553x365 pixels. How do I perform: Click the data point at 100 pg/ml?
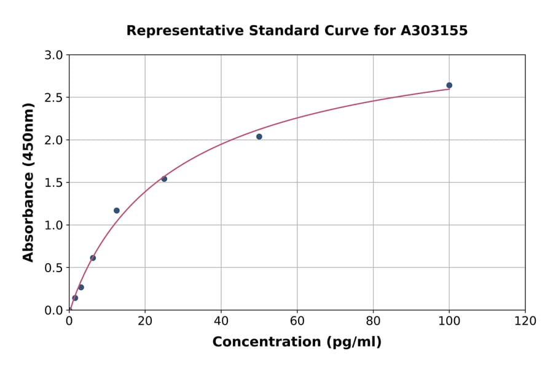(449, 85)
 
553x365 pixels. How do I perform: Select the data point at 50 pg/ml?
(259, 136)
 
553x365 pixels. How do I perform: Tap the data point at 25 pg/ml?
(164, 179)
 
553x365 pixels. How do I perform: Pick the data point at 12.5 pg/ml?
(117, 211)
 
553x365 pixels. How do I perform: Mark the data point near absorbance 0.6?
(93, 258)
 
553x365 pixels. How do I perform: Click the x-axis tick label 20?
(145, 321)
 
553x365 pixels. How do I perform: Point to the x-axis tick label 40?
(221, 321)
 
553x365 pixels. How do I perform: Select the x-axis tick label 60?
(297, 321)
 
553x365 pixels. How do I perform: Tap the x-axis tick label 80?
(373, 321)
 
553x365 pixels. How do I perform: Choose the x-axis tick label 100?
(449, 321)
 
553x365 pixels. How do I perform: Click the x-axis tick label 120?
(525, 321)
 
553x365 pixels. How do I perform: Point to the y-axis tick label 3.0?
(54, 55)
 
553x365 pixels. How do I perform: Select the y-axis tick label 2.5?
(54, 98)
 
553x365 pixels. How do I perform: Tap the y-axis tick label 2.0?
(54, 140)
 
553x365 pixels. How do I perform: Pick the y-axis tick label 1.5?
(54, 182)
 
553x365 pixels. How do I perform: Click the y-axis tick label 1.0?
(54, 225)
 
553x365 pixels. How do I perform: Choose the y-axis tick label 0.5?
(54, 268)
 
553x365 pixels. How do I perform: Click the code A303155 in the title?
(434, 31)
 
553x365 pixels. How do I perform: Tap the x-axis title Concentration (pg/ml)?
(297, 342)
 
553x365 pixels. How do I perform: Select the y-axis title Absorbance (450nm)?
(28, 182)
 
